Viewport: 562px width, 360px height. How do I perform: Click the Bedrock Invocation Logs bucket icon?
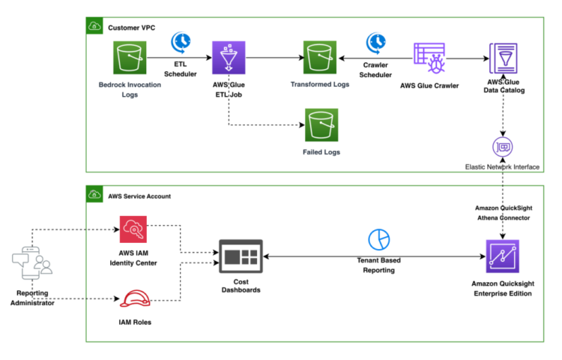pyautogui.click(x=129, y=58)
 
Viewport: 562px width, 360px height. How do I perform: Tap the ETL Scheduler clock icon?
pyautogui.click(x=181, y=41)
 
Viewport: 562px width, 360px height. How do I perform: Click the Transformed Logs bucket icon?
pyautogui.click(x=320, y=58)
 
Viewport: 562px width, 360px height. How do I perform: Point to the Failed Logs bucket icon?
pyautogui.click(x=320, y=124)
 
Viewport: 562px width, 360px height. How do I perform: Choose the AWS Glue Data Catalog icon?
pyautogui.click(x=504, y=58)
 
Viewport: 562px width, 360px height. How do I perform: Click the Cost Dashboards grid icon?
pyautogui.click(x=241, y=257)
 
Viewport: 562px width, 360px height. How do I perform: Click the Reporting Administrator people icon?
pyautogui.click(x=31, y=265)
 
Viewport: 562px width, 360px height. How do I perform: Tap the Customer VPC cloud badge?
pyautogui.click(x=95, y=27)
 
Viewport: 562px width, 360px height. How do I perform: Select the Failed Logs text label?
pyautogui.click(x=320, y=152)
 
